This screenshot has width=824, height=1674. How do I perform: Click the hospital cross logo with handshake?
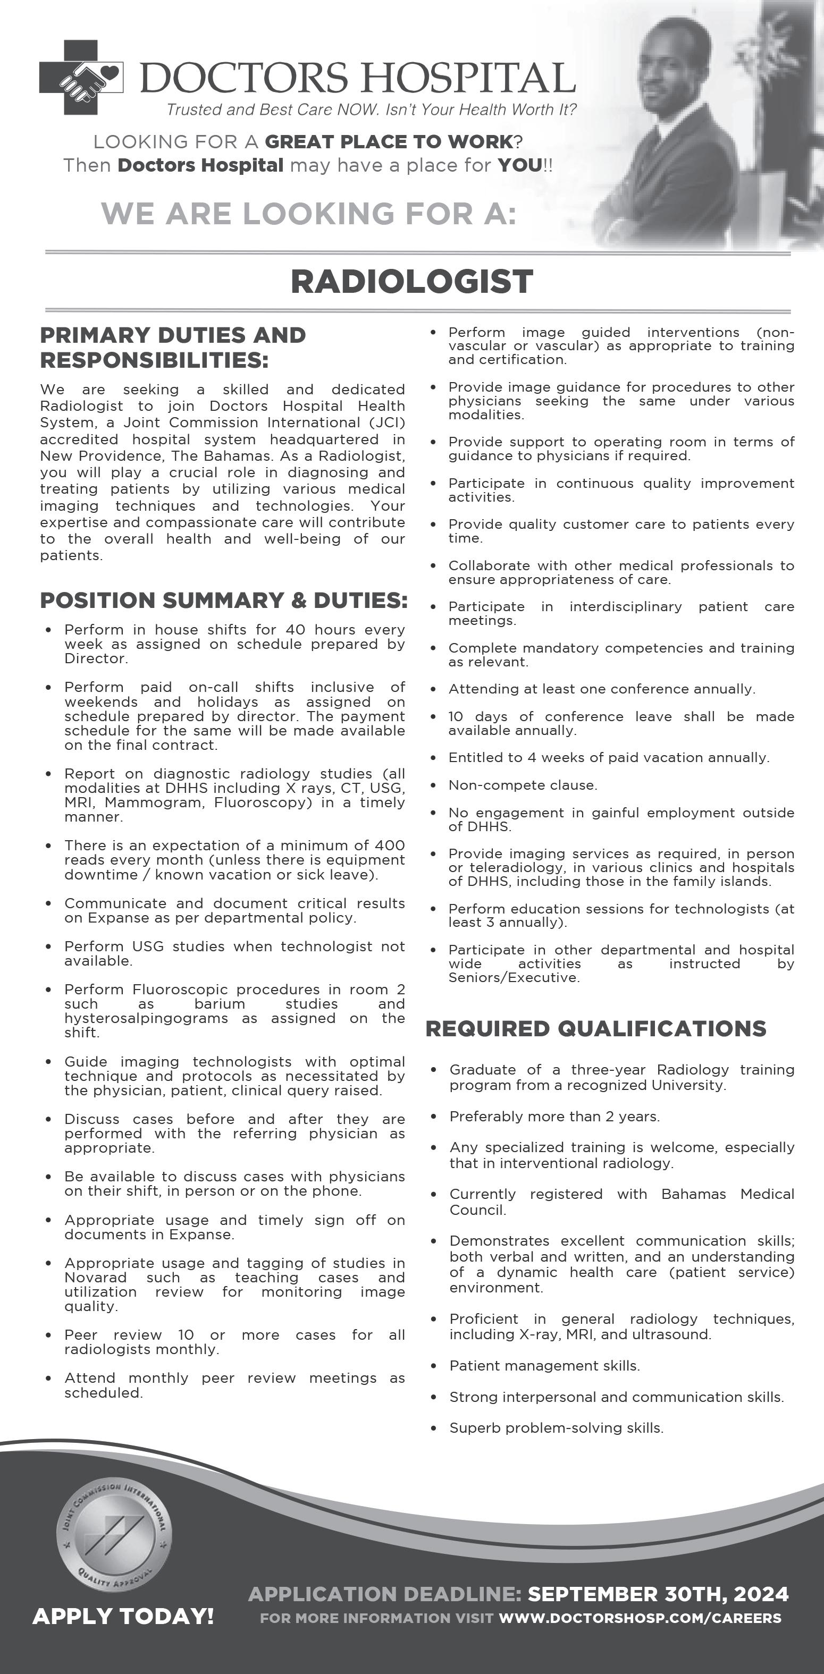81,78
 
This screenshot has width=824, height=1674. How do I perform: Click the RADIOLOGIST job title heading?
411,281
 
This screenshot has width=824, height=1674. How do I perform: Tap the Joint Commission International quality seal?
114,1536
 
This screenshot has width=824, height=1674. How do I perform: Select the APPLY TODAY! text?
123,1616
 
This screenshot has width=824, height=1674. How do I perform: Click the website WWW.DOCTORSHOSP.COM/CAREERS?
640,1618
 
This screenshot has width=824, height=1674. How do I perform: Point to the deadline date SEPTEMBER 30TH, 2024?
658,1594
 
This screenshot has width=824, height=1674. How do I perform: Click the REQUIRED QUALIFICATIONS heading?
595,1029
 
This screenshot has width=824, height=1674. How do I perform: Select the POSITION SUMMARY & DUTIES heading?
224,601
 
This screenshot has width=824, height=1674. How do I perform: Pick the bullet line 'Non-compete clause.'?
523,785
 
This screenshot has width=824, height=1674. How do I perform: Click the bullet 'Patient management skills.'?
544,1366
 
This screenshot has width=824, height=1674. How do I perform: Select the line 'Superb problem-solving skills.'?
556,1428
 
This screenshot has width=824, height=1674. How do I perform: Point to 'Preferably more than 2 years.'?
554,1117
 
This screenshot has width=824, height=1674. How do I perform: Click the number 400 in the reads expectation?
390,846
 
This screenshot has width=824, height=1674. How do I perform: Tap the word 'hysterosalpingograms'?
146,1018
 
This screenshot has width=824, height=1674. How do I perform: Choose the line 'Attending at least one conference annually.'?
602,689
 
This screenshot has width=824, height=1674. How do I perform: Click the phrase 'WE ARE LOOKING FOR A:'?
309,214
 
